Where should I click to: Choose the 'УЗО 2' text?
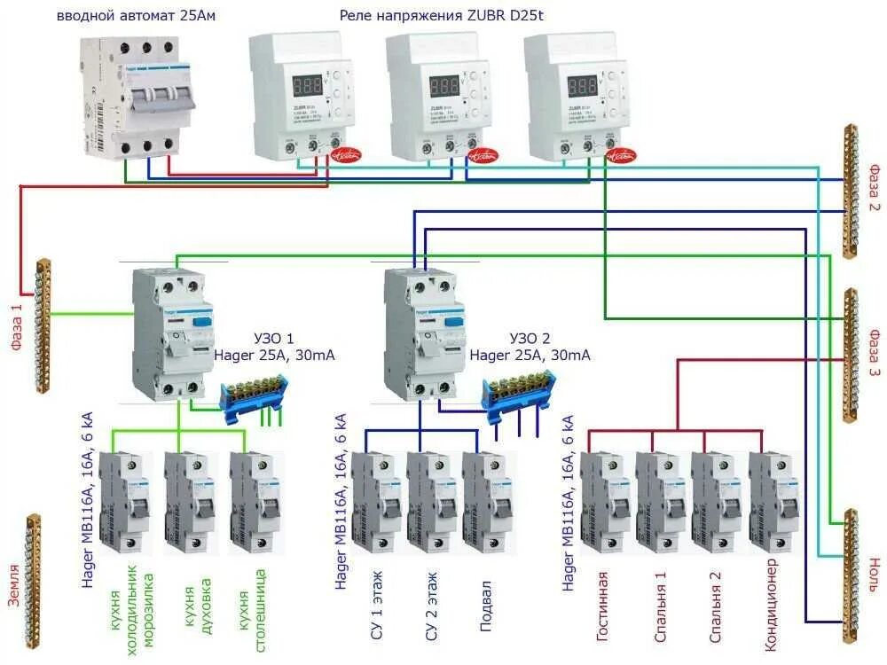click(530, 339)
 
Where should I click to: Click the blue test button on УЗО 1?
click(202, 322)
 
